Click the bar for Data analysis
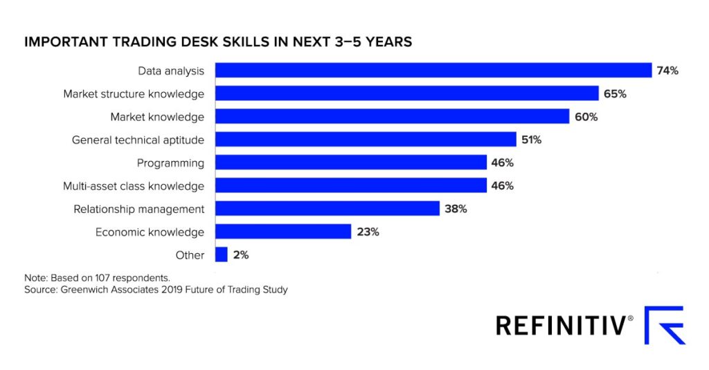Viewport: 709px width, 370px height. tap(433, 71)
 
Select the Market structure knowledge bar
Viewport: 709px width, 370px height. tap(406, 93)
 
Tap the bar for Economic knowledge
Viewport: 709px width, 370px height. tap(282, 232)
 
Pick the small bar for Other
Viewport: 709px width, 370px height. tap(222, 255)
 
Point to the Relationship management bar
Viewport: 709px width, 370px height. tap(327, 209)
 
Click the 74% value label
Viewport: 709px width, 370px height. tap(668, 71)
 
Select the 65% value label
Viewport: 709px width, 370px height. tap(615, 93)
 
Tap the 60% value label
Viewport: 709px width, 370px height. tap(586, 117)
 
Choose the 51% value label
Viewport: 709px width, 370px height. tap(531, 140)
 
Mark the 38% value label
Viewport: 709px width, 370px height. tap(456, 209)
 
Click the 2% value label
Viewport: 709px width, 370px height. tap(241, 255)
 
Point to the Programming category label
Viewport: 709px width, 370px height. tap(170, 163)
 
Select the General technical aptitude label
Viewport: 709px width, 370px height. tap(138, 140)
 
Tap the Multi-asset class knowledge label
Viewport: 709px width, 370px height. tap(134, 186)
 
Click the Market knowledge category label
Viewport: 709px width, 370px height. tap(157, 117)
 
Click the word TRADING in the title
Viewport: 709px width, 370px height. tap(134, 42)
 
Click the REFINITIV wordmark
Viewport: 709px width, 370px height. tap(564, 325)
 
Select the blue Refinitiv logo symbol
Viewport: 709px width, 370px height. tap(664, 325)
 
